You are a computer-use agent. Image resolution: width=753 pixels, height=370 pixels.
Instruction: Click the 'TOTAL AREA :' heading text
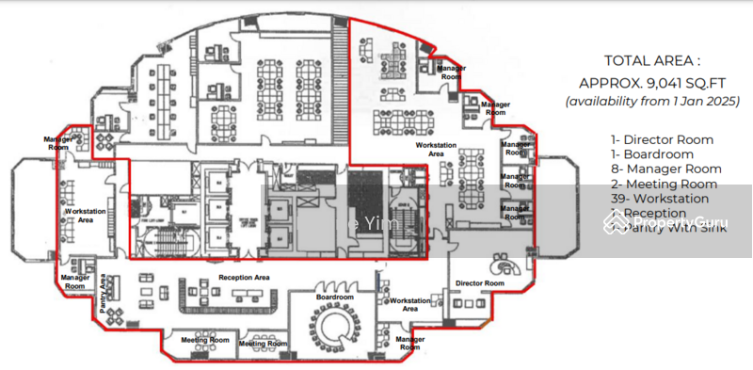coord(652,59)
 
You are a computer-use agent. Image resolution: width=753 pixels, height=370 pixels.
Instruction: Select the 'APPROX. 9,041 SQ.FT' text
coord(651,80)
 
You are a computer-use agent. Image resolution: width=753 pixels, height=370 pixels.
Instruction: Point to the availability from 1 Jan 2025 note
coord(652,100)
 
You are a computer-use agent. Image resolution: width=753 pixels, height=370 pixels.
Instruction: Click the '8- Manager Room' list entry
coord(665,169)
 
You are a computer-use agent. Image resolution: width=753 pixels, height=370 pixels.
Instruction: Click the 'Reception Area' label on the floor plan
coord(245,278)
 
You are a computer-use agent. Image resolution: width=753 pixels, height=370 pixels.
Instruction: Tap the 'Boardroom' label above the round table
coord(334,297)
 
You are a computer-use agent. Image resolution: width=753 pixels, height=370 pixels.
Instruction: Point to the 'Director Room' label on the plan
coord(479,282)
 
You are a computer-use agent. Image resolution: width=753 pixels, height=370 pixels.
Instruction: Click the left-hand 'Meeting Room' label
coord(205,339)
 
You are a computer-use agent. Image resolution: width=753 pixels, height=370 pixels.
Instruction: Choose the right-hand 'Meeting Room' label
coord(263,344)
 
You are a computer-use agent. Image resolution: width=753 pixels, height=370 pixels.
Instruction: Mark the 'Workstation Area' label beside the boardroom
coord(410,304)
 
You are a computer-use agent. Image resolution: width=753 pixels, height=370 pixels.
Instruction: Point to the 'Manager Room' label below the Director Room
coord(410,343)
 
